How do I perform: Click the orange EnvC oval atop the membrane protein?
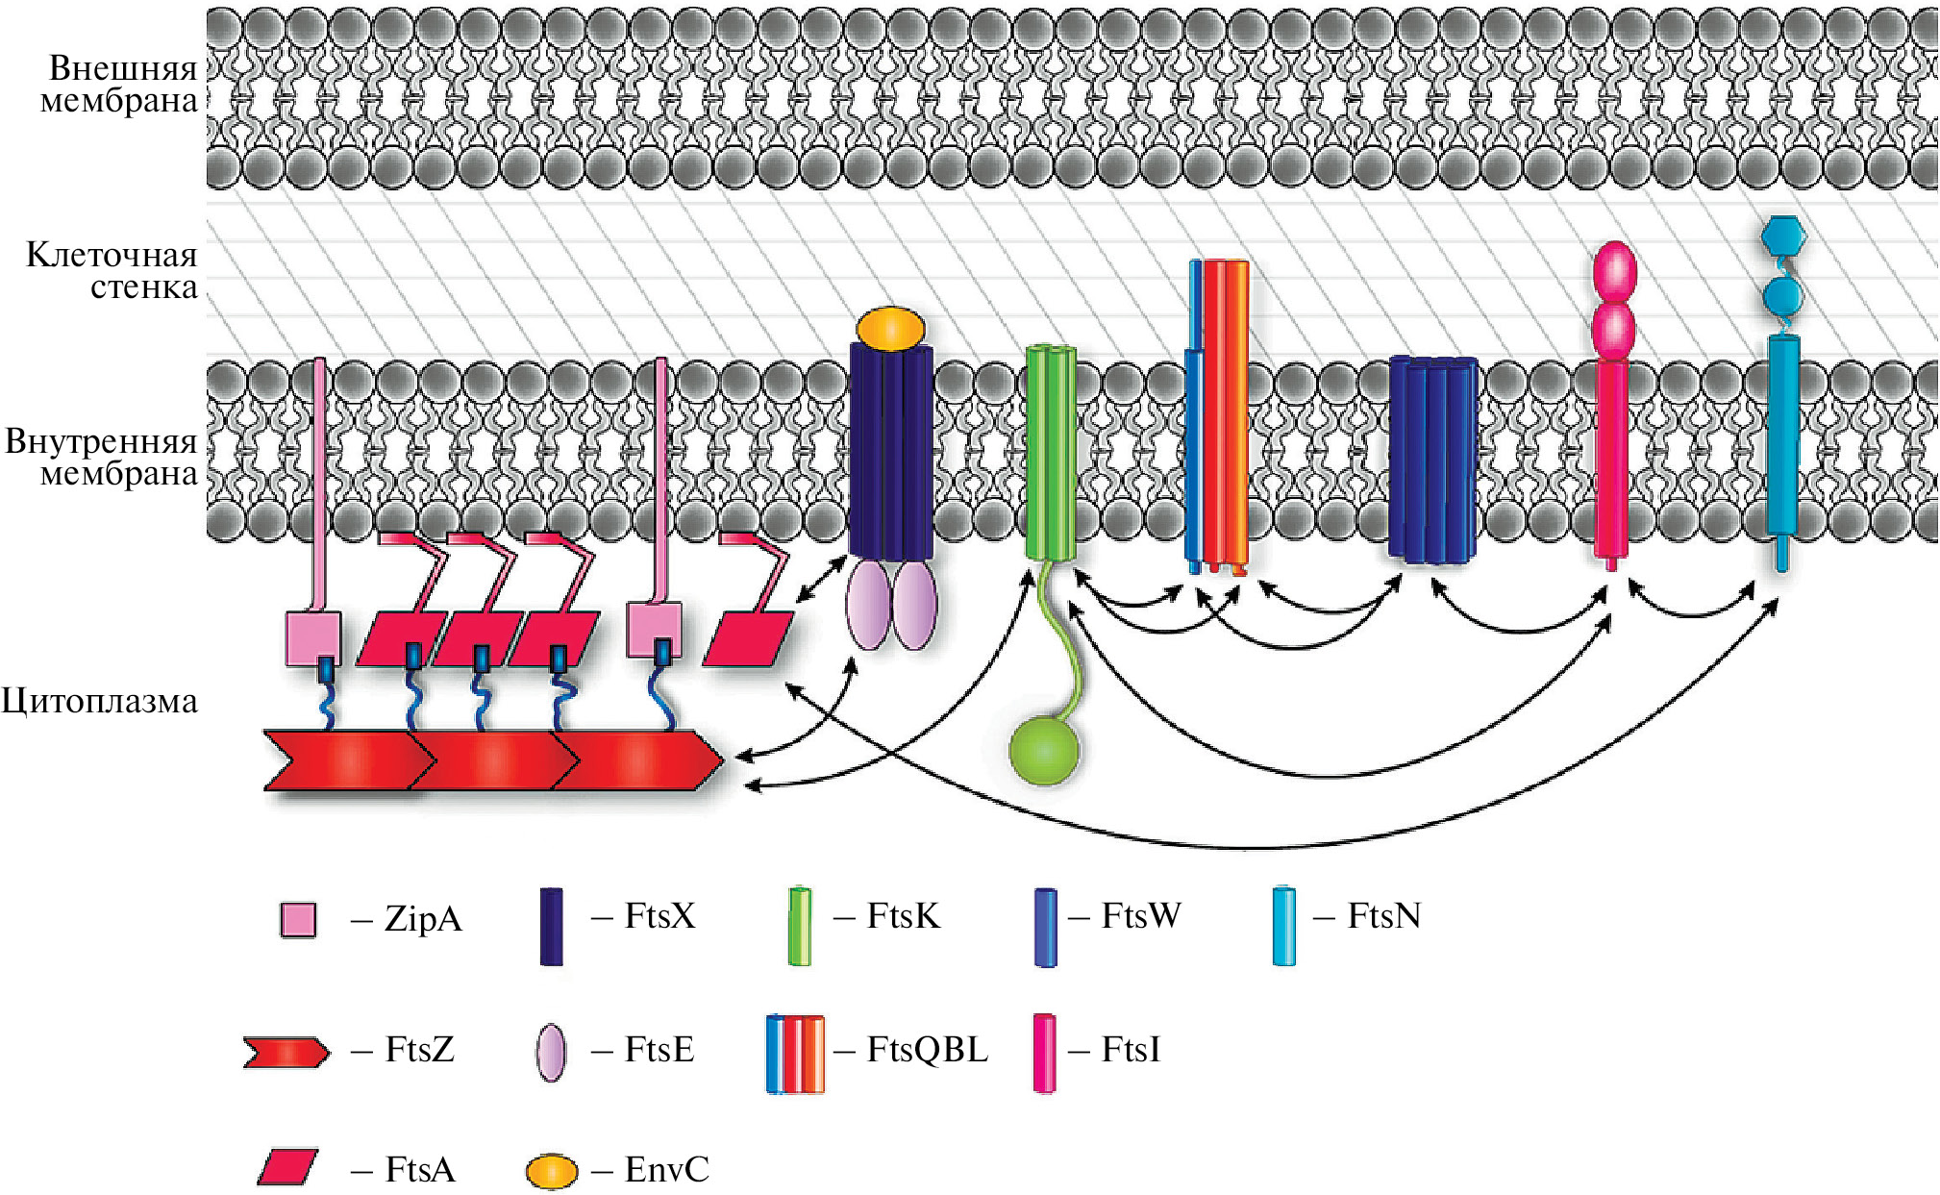click(890, 328)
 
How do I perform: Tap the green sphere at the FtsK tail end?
click(1044, 750)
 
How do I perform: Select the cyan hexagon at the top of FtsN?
click(1783, 236)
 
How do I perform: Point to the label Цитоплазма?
click(100, 701)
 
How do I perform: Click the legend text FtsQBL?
click(927, 1049)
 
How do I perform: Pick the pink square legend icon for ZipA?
click(298, 920)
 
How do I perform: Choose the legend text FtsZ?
click(419, 1049)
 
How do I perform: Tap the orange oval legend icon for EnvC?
click(552, 1171)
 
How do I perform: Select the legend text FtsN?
click(1383, 916)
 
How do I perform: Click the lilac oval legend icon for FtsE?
click(551, 1053)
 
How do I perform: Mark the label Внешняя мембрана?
click(119, 84)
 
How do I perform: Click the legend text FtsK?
click(903, 916)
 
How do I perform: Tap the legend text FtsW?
click(1140, 916)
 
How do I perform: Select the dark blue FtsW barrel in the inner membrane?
click(1432, 459)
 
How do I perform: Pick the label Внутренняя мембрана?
click(102, 457)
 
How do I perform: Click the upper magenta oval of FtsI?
click(1614, 271)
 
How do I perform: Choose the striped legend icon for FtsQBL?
click(795, 1054)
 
